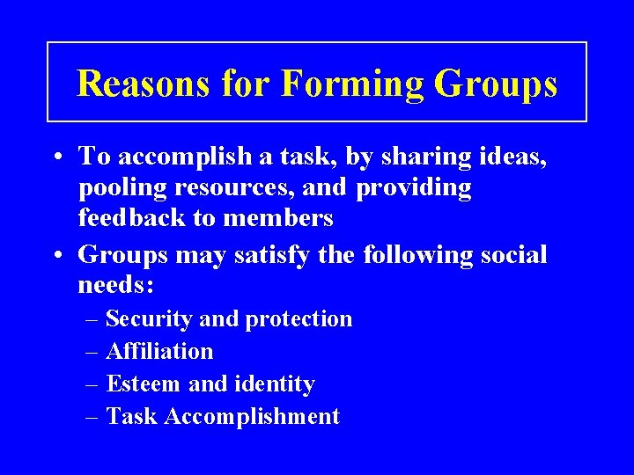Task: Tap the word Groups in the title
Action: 496,84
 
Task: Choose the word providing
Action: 415,188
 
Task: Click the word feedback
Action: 133,218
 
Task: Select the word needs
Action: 115,285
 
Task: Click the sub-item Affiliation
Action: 159,351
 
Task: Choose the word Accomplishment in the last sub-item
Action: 251,417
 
